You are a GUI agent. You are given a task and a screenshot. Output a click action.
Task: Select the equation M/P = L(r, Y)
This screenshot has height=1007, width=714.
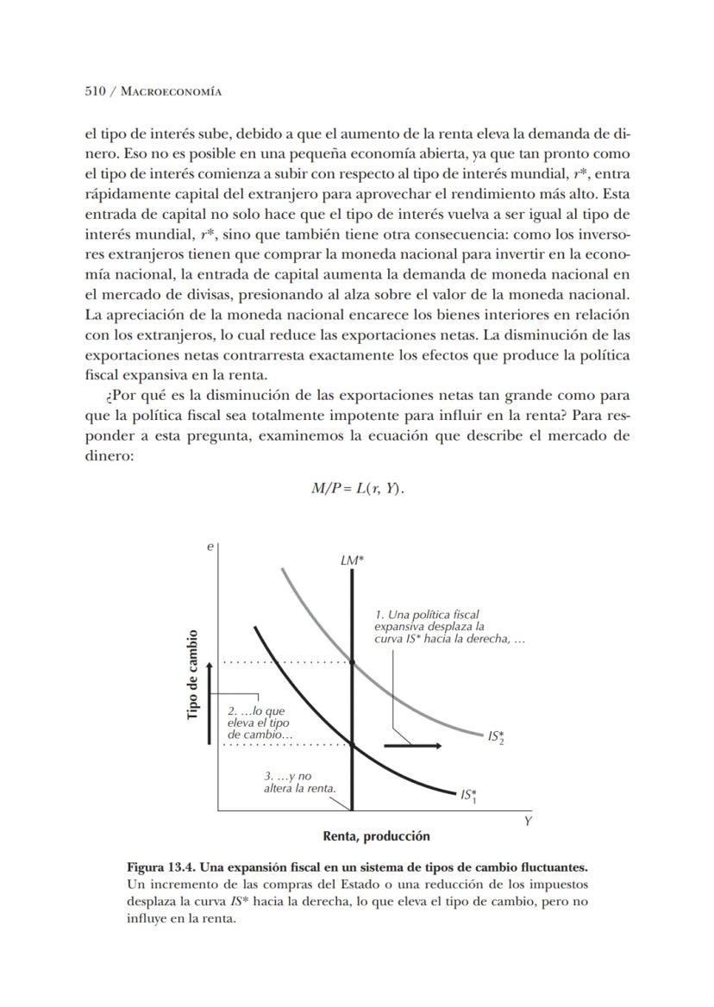tap(357, 489)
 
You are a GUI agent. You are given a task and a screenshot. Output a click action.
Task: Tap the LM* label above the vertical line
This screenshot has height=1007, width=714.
tap(352, 560)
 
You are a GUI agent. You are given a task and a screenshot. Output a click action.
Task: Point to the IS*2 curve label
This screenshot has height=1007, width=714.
tap(496, 737)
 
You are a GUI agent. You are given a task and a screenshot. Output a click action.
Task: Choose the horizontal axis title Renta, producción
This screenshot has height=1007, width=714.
tap(376, 836)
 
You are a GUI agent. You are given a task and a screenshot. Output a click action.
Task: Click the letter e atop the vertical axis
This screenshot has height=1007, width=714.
tap(211, 546)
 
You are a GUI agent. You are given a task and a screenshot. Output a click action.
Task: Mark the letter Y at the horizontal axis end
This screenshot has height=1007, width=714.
tap(528, 822)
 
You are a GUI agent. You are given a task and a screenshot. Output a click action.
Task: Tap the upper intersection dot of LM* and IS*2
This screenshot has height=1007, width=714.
tap(353, 662)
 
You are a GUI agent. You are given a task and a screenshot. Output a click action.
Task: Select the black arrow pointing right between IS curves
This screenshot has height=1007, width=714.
tap(412, 745)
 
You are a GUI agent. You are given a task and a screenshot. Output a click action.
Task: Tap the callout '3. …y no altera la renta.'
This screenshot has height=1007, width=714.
tap(299, 783)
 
